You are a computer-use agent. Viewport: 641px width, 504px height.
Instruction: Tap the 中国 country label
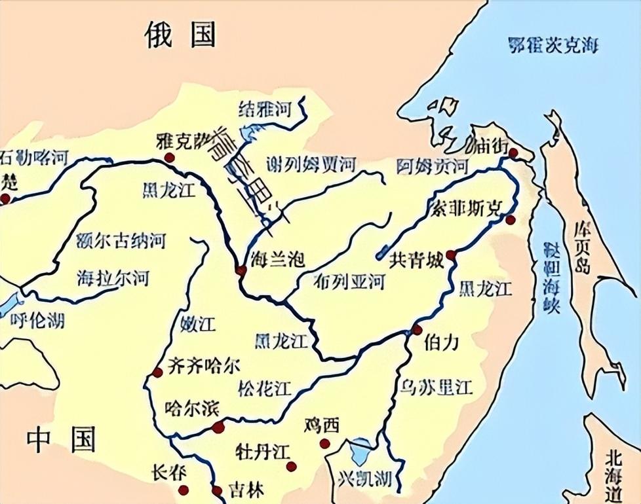[61, 440]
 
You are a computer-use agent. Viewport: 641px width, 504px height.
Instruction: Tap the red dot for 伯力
[418, 330]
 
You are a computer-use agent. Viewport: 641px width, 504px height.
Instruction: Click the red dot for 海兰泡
[241, 270]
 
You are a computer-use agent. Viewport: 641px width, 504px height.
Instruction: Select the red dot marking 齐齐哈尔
[157, 372]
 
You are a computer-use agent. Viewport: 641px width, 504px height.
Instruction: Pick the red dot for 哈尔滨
[218, 428]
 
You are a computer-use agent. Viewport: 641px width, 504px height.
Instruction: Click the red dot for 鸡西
[324, 444]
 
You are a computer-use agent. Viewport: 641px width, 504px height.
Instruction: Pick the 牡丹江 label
[262, 452]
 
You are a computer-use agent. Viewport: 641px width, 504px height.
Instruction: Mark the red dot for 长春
[184, 489]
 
